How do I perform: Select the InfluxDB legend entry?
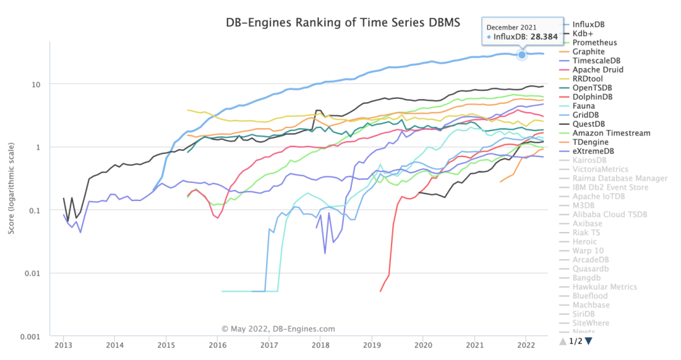tap(590, 25)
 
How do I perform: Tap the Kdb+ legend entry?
tap(584, 33)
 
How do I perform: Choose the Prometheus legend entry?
tap(595, 43)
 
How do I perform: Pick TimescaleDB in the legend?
tap(596, 61)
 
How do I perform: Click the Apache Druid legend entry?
tap(597, 70)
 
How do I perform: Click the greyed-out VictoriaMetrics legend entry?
tap(600, 170)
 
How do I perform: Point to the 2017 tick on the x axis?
tap(269, 345)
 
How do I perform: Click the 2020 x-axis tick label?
tap(423, 345)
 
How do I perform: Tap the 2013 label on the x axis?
tap(63, 345)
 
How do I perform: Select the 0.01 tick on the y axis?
tap(33, 273)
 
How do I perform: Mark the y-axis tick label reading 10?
tap(36, 84)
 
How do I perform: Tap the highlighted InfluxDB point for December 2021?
tap(522, 55)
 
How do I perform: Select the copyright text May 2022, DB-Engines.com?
tap(278, 328)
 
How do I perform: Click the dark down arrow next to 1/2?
tap(588, 341)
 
